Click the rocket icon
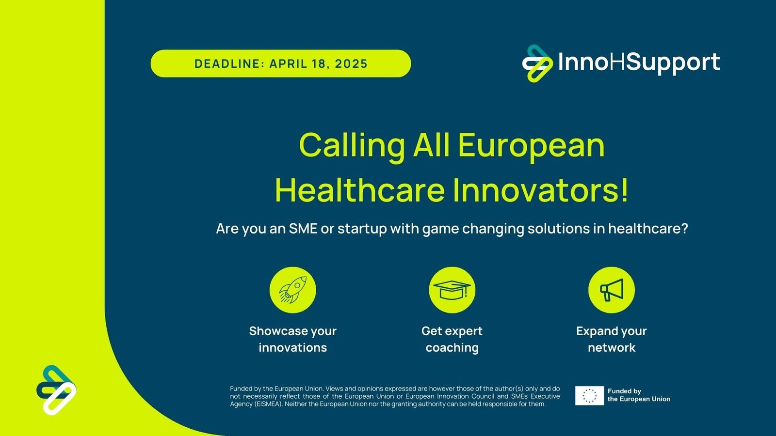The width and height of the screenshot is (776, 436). click(292, 290)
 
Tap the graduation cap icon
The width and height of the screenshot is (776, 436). click(452, 290)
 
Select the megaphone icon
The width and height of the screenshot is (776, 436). click(611, 290)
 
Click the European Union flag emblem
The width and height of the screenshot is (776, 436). click(589, 395)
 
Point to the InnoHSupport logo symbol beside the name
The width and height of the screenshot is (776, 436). click(537, 63)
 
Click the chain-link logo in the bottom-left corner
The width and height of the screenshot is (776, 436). click(56, 390)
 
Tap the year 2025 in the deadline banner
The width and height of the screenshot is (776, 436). click(351, 64)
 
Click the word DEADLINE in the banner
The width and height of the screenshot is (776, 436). click(227, 64)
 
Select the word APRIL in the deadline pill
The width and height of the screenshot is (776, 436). click(288, 64)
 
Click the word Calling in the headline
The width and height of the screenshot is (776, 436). click(352, 145)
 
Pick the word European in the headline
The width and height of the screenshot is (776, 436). click(531, 145)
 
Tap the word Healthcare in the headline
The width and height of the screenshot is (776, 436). click(359, 190)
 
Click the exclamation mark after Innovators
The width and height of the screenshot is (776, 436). click(624, 190)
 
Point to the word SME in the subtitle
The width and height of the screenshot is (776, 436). click(303, 229)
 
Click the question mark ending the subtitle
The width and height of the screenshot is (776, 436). click(684, 229)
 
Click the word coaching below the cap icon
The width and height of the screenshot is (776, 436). click(452, 348)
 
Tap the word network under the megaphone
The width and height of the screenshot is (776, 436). click(611, 348)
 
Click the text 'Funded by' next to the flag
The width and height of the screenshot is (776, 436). click(624, 391)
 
